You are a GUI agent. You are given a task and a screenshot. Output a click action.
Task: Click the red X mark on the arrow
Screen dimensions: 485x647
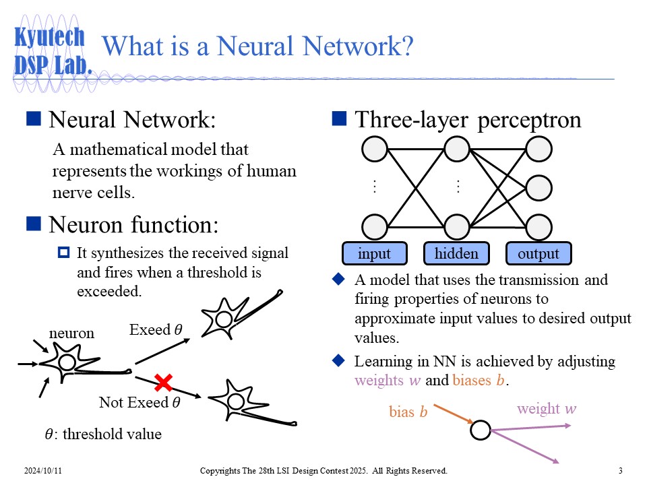[x=163, y=383]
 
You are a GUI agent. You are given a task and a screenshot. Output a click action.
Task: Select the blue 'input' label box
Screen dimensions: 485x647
[x=374, y=254]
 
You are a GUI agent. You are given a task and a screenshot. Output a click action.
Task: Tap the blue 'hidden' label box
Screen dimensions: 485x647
[x=456, y=254]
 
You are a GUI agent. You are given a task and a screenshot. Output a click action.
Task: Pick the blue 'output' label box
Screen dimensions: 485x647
[x=538, y=254]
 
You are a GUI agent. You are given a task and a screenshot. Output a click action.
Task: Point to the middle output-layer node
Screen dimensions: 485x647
[x=538, y=189]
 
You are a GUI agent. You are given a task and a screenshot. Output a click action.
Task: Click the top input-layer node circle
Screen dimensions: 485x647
[x=375, y=149]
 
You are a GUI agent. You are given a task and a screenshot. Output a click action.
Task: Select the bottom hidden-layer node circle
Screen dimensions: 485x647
[x=457, y=227]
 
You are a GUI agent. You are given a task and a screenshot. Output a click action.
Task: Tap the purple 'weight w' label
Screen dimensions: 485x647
[x=547, y=409]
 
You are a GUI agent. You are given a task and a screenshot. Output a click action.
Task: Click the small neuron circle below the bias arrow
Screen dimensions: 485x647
[x=481, y=430]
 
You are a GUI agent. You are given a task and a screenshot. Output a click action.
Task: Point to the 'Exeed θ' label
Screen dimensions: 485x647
[x=155, y=330]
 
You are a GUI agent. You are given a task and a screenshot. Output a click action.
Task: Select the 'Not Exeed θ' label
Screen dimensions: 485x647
[x=140, y=403]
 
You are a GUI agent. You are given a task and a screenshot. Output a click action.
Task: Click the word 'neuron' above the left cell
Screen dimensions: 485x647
[x=71, y=333]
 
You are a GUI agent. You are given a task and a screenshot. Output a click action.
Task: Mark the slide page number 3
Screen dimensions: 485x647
[x=620, y=470]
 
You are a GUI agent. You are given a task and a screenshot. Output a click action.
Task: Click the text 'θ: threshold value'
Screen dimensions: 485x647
[x=103, y=434]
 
